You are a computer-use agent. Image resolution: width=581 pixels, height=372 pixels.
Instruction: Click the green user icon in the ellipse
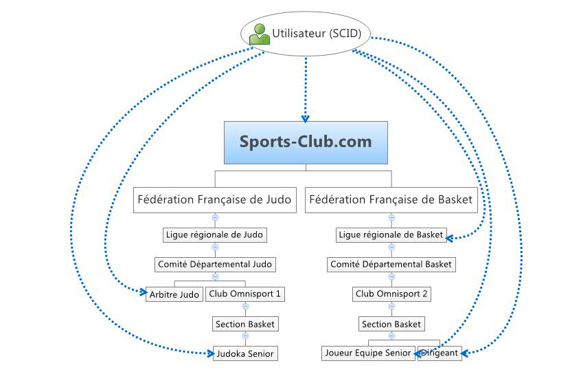pos(259,34)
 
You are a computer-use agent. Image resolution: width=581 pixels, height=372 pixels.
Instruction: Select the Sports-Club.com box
pos(306,142)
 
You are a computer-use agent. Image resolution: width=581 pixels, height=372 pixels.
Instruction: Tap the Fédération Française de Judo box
pos(214,200)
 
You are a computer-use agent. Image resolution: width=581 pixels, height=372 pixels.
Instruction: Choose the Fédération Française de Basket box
pos(391,200)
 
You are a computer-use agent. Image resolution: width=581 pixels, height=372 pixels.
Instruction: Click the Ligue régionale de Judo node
pos(214,234)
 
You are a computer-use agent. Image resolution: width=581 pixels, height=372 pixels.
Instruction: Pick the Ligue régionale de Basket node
pos(391,235)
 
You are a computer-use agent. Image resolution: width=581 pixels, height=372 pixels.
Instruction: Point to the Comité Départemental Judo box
pos(214,264)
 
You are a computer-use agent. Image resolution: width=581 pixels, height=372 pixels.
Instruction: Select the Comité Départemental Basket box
pos(391,264)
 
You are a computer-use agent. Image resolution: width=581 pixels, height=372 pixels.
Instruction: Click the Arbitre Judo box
pos(174,294)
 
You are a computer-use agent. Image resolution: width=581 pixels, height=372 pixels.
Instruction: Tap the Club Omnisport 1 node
pos(244,294)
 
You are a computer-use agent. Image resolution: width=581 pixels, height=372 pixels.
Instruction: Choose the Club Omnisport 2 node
pos(391,294)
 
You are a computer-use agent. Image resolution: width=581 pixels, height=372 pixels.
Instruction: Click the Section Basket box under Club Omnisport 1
pos(245,324)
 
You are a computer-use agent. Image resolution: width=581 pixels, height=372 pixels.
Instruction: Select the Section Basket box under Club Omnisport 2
pos(391,324)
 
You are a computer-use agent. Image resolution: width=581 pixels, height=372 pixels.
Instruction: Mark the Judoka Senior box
pos(245,353)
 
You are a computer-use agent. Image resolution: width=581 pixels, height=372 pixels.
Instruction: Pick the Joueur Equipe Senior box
pos(368,353)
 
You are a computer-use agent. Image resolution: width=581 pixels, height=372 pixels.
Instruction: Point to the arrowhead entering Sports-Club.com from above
pos(305,118)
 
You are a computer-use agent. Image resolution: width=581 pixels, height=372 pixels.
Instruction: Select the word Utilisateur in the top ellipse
pos(299,32)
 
